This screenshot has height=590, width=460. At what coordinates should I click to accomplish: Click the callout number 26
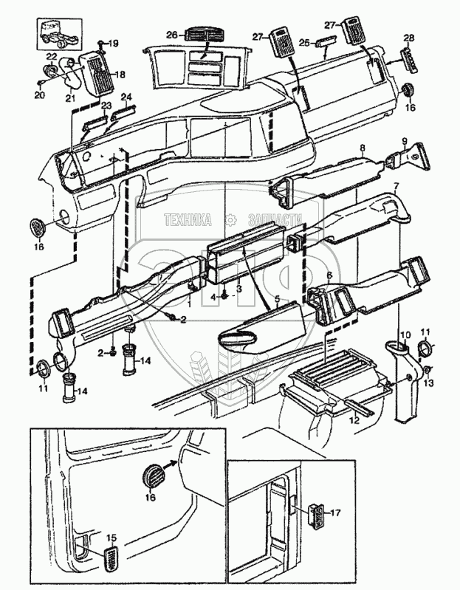pos(172,35)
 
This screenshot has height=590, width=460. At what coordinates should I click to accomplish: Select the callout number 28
pos(409,38)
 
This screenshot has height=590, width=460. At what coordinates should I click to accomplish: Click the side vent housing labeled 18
pos(97,73)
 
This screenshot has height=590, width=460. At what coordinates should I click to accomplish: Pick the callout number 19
pos(113,44)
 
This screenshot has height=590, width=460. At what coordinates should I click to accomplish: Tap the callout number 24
pos(126,97)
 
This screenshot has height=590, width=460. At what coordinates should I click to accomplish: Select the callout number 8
pos(363,148)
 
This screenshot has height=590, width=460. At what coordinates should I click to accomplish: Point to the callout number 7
pos(395,186)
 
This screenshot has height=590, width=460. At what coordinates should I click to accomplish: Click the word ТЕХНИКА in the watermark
pos(188,220)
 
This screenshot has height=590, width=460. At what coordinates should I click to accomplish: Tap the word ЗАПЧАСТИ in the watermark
pos(275,220)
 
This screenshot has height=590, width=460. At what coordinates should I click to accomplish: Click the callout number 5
pos(277,300)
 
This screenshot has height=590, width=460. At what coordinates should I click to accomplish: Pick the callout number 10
pos(405,335)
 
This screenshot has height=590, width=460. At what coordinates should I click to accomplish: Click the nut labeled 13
pos(427,371)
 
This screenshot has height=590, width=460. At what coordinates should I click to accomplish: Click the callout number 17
pos(335,512)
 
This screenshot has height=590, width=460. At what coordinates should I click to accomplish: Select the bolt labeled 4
pos(225,296)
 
